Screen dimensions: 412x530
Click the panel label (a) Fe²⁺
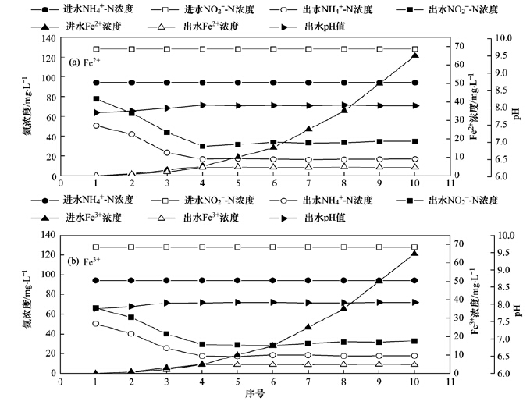[x=87, y=61]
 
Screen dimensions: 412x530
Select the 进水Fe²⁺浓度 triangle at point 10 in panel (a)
[x=414, y=55]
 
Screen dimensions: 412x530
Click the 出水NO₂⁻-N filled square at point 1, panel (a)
[x=95, y=99]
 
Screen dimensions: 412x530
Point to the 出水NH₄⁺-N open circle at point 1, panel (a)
[x=95, y=126]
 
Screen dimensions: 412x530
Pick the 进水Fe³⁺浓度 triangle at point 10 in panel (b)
[x=414, y=254]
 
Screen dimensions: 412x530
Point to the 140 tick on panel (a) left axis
[x=46, y=39]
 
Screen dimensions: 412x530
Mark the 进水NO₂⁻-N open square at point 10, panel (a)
[x=414, y=48]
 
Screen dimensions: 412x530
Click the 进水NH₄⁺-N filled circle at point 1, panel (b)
[x=95, y=280]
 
